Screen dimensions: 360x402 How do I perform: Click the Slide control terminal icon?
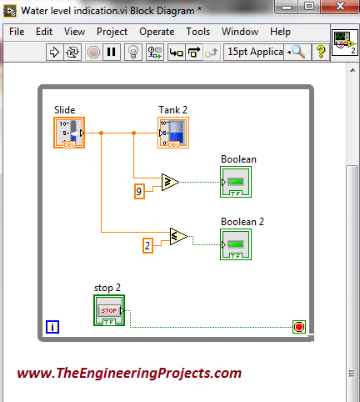click(69, 133)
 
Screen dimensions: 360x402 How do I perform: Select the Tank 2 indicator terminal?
click(173, 133)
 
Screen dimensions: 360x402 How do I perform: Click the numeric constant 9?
click(139, 191)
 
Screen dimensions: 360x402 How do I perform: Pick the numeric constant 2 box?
click(147, 245)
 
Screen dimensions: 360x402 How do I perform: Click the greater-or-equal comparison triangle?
click(170, 182)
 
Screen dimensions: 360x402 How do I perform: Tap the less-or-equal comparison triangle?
click(178, 236)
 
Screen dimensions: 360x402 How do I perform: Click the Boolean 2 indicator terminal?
click(236, 244)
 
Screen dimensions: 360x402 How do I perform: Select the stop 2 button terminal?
click(109, 310)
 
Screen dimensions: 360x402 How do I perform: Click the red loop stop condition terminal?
click(299, 327)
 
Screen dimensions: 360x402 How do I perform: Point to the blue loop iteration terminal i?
click(52, 327)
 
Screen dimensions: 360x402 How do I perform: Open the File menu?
click(17, 32)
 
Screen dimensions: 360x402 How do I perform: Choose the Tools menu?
click(197, 32)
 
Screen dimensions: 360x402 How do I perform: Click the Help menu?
click(280, 32)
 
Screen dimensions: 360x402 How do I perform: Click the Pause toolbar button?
click(112, 52)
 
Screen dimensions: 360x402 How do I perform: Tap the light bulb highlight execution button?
click(133, 52)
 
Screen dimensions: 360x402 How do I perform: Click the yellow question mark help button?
click(321, 52)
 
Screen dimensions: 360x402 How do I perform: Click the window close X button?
click(340, 6)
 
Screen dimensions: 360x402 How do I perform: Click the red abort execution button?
click(93, 52)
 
